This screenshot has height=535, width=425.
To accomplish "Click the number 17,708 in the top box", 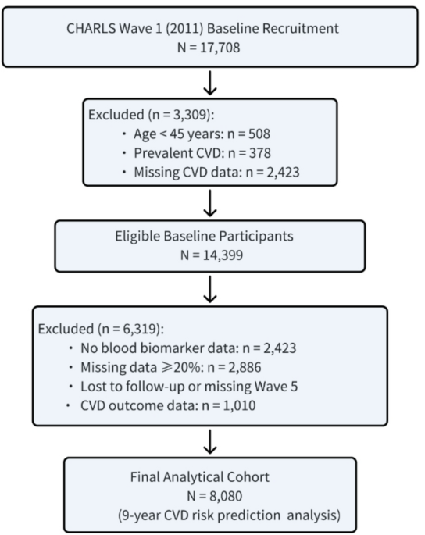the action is pyautogui.click(x=220, y=48).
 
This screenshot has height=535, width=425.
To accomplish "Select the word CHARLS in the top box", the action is pyautogui.click(x=91, y=28).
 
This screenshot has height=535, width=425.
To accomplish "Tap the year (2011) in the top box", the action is pyautogui.click(x=184, y=28).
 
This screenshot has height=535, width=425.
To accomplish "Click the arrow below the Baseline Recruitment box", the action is pyautogui.click(x=210, y=83).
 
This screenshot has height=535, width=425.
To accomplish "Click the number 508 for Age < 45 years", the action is pyautogui.click(x=259, y=134).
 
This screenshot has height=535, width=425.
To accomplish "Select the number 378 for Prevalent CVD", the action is pyautogui.click(x=260, y=153).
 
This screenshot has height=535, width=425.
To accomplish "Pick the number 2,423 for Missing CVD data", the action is pyautogui.click(x=283, y=172).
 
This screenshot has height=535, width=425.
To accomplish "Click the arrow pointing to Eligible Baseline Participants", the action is pyautogui.click(x=210, y=203).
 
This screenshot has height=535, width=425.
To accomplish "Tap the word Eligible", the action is pyautogui.click(x=137, y=236).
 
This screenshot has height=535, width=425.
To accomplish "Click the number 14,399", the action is pyautogui.click(x=223, y=255).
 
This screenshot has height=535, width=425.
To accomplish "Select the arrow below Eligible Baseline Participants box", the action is pyautogui.click(x=210, y=289).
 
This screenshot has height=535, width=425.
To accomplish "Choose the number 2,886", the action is pyautogui.click(x=245, y=367).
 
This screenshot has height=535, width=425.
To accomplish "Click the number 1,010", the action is pyautogui.click(x=239, y=405).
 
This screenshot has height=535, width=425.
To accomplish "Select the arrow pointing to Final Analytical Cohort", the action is pyautogui.click(x=210, y=442).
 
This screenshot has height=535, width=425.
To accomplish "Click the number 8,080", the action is pyautogui.click(x=226, y=496).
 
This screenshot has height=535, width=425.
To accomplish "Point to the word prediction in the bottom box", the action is pyautogui.click(x=250, y=515).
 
